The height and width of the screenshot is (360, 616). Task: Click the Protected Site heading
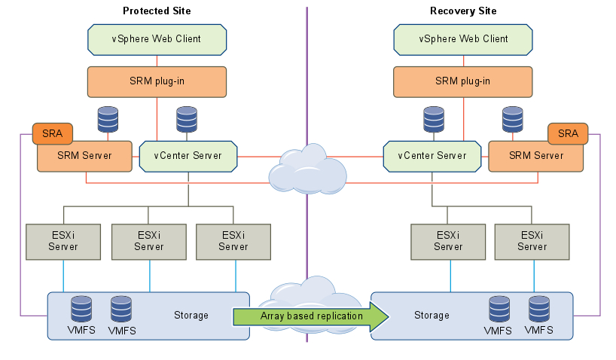click(x=157, y=11)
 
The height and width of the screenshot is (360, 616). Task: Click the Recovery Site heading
click(x=463, y=11)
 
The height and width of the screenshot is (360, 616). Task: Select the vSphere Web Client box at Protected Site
click(x=157, y=39)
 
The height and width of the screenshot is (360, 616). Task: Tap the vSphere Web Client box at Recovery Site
click(x=463, y=39)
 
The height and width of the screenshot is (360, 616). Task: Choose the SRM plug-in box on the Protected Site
click(x=157, y=81)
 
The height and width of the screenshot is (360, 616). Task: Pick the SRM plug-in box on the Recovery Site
click(x=463, y=81)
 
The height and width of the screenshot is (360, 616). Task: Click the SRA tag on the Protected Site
click(x=53, y=133)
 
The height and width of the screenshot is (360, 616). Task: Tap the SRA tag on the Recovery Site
click(x=568, y=133)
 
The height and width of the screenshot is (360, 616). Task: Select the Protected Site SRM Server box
click(x=84, y=156)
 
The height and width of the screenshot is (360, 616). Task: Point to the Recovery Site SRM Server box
click(x=536, y=156)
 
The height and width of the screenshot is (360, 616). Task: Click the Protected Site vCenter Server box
click(x=188, y=156)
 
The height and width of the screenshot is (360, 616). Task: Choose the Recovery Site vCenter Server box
click(x=432, y=156)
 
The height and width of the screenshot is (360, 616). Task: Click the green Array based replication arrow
click(x=312, y=316)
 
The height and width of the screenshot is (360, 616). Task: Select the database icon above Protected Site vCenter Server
click(x=188, y=119)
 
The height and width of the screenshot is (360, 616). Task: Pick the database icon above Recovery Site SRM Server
click(x=513, y=119)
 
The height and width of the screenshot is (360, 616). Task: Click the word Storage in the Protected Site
click(x=191, y=315)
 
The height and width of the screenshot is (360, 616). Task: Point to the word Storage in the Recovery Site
click(x=432, y=315)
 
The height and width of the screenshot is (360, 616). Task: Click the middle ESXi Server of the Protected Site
click(x=149, y=241)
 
